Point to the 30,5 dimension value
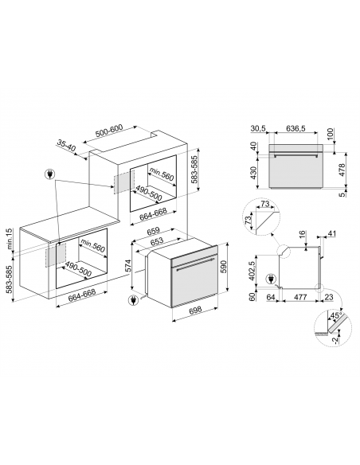pyautogui.click(x=258, y=127)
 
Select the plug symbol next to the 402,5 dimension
pyautogui.click(x=274, y=279)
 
